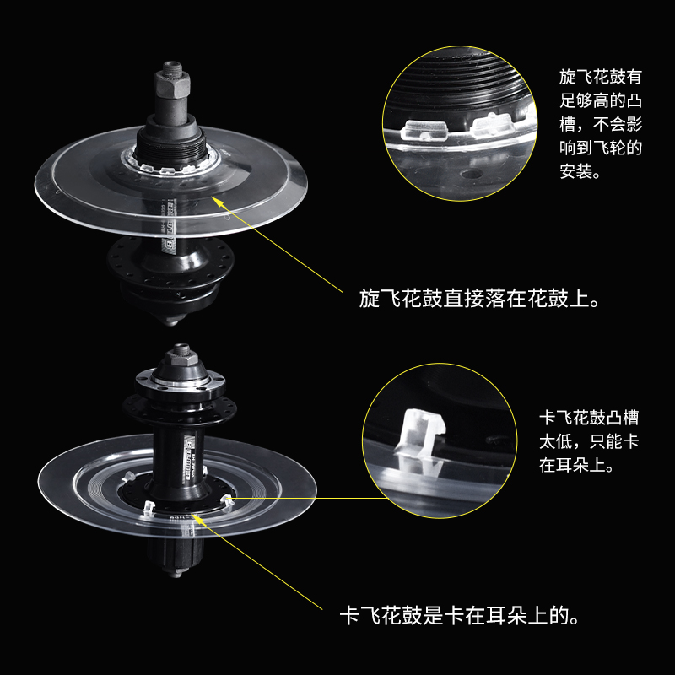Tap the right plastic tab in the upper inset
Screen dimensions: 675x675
click(x=492, y=127)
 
